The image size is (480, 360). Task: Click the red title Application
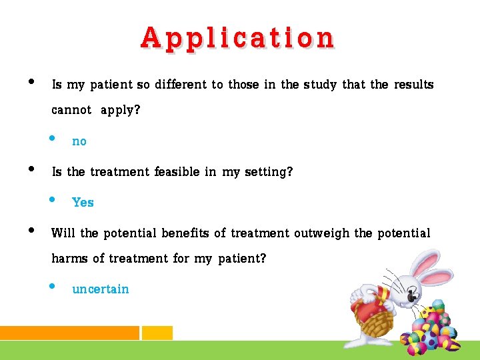coord(237,38)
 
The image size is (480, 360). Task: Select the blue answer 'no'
coord(79,141)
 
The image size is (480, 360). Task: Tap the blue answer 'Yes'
coord(83,203)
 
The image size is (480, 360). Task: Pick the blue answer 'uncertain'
coord(101,289)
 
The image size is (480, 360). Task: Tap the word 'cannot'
coord(71,110)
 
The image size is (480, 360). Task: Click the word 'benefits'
coord(184,233)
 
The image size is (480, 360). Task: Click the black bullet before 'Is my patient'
coord(29,83)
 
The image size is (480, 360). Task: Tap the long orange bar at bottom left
coord(69,333)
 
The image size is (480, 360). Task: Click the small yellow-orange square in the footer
coord(157,333)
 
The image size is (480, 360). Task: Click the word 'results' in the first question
coord(413,85)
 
